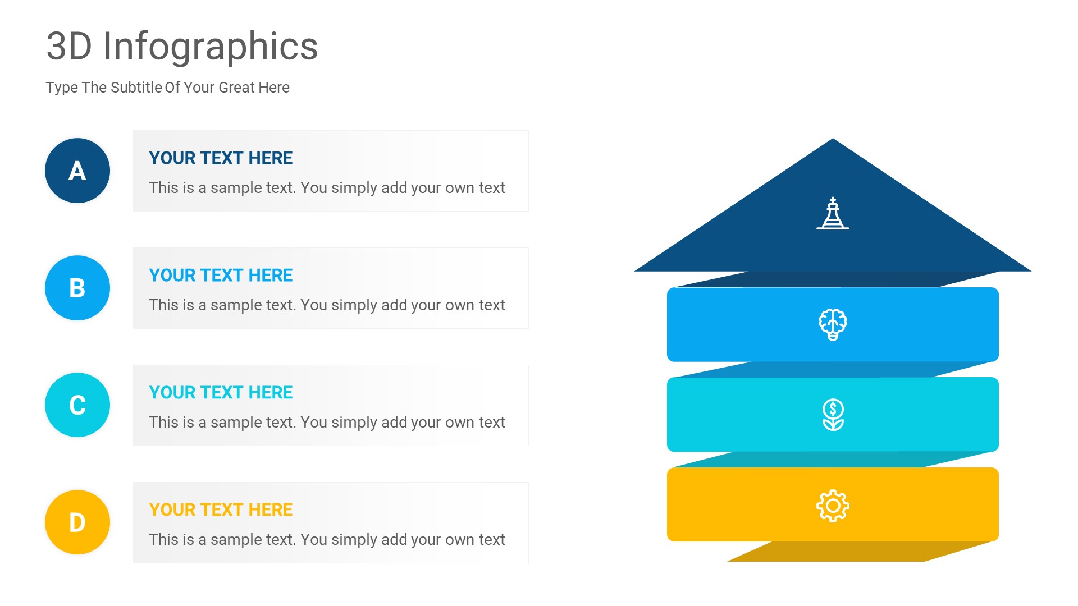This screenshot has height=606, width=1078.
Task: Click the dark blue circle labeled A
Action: (77, 171)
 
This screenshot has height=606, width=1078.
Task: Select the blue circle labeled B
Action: (77, 288)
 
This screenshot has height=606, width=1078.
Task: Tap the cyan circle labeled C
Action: (77, 405)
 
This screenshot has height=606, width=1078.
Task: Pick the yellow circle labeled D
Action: (77, 522)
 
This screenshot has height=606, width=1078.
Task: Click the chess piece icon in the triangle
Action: (833, 213)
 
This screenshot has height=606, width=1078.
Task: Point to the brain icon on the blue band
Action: (833, 324)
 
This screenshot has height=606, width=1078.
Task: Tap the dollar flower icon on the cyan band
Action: (833, 415)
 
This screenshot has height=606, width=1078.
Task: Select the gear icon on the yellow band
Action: (833, 506)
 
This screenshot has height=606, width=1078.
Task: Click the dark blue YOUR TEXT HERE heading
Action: (221, 158)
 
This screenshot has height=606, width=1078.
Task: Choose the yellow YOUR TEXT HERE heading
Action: (221, 510)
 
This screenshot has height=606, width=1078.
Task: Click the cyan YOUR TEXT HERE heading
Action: (221, 393)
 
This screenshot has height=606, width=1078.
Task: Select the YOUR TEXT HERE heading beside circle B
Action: (221, 276)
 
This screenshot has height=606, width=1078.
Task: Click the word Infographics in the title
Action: (211, 47)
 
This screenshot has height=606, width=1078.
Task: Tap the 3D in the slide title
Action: (69, 47)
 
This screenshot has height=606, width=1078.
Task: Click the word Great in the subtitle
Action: (236, 88)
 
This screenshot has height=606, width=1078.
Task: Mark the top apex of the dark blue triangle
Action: (833, 140)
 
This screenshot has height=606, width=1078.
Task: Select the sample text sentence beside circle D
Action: (327, 540)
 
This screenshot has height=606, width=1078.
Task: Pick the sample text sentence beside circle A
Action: (327, 188)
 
